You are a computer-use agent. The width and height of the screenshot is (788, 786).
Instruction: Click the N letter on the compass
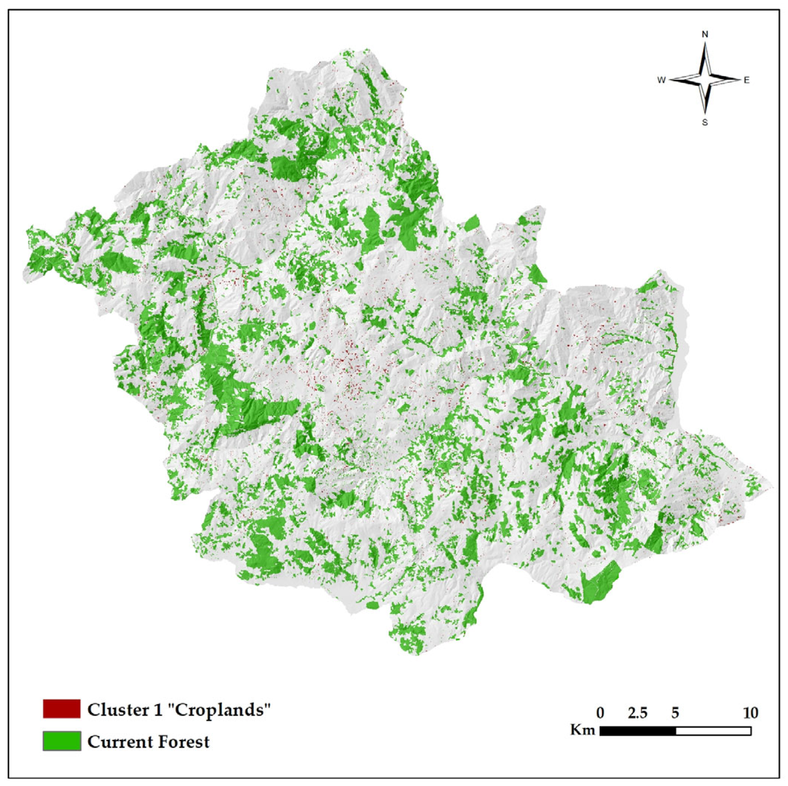coord(704,35)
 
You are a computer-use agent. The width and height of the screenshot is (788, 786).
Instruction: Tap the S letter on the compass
coord(704,122)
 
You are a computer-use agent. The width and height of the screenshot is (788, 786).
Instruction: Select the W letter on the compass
coord(661,80)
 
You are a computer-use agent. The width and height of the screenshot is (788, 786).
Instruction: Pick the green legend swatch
coord(61,741)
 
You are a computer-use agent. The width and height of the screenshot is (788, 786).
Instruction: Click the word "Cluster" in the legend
coord(115,710)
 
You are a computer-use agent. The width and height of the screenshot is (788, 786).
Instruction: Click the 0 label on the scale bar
coord(600,713)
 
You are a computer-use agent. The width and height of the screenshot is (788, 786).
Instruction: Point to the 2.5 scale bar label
coord(638,713)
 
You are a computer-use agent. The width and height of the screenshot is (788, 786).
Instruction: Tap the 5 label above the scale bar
coord(675,713)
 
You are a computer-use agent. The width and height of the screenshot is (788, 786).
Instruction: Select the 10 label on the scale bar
coord(750,713)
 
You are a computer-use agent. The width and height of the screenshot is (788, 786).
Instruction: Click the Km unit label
coord(583,729)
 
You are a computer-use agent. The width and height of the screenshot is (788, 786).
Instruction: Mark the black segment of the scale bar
coord(638,731)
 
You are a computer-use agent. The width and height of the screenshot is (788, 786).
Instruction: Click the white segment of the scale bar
coord(713,731)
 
